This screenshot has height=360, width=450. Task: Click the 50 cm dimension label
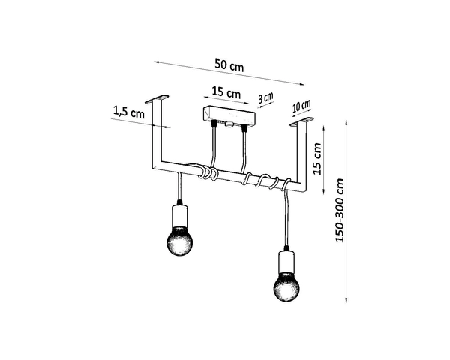229,64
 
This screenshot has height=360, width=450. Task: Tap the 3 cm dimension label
266,98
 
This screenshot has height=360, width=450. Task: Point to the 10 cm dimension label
301,106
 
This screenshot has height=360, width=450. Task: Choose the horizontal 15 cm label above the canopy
226,94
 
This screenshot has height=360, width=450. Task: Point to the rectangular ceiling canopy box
229,118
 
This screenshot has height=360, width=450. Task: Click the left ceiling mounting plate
159,98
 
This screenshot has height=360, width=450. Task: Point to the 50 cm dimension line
229,73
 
